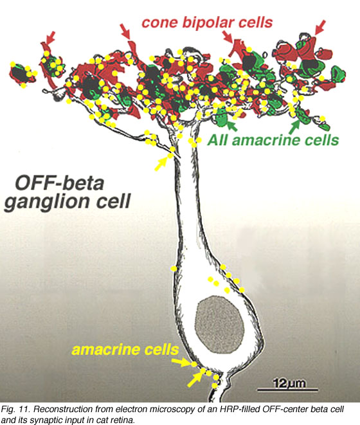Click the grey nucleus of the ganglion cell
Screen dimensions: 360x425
click(220, 325)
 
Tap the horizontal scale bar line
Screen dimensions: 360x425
click(287, 390)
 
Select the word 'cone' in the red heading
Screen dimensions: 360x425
click(159, 23)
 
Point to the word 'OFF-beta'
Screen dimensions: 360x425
click(60, 183)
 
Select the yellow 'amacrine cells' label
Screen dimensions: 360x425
click(125, 349)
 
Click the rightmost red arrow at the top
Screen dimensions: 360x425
click(319, 28)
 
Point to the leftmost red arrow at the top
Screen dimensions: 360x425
click(51, 38)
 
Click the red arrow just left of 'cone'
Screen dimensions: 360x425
click(125, 31)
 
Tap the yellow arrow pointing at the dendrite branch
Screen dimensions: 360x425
click(161, 164)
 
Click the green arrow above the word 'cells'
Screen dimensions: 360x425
click(294, 127)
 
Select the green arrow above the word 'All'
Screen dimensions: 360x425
click(231, 126)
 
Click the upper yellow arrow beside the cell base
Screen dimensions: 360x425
click(182, 362)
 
